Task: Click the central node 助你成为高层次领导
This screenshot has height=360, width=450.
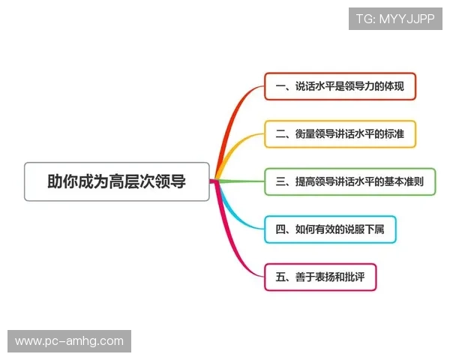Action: click(116, 181)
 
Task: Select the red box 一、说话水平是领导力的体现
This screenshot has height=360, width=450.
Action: click(340, 87)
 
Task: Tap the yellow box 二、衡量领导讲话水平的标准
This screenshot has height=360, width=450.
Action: click(340, 134)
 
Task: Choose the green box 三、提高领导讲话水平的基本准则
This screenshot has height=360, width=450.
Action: click(349, 181)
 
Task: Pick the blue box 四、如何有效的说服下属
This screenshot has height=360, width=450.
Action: click(330, 229)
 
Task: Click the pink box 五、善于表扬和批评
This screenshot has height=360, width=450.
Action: click(319, 277)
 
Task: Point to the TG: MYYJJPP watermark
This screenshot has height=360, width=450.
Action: click(394, 19)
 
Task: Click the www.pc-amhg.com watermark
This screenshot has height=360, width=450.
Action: click(69, 341)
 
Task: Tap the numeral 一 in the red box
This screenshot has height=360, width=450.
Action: click(280, 87)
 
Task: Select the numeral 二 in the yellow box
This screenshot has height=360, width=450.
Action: click(280, 134)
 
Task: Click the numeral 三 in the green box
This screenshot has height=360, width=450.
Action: click(280, 181)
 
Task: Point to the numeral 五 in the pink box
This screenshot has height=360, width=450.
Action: click(280, 277)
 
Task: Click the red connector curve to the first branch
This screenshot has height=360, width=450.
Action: click(232, 120)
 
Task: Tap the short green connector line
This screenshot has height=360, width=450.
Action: click(240, 181)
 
